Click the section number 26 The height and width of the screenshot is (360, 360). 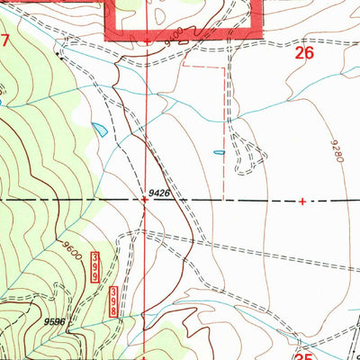[304, 54]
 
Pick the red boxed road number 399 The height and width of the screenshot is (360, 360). [94, 268]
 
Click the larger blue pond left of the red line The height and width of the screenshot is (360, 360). [100, 129]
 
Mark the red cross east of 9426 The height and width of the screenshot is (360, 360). [301, 201]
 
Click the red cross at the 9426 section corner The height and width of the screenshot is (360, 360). [147, 201]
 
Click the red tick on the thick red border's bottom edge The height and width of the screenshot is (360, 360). [147, 40]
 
